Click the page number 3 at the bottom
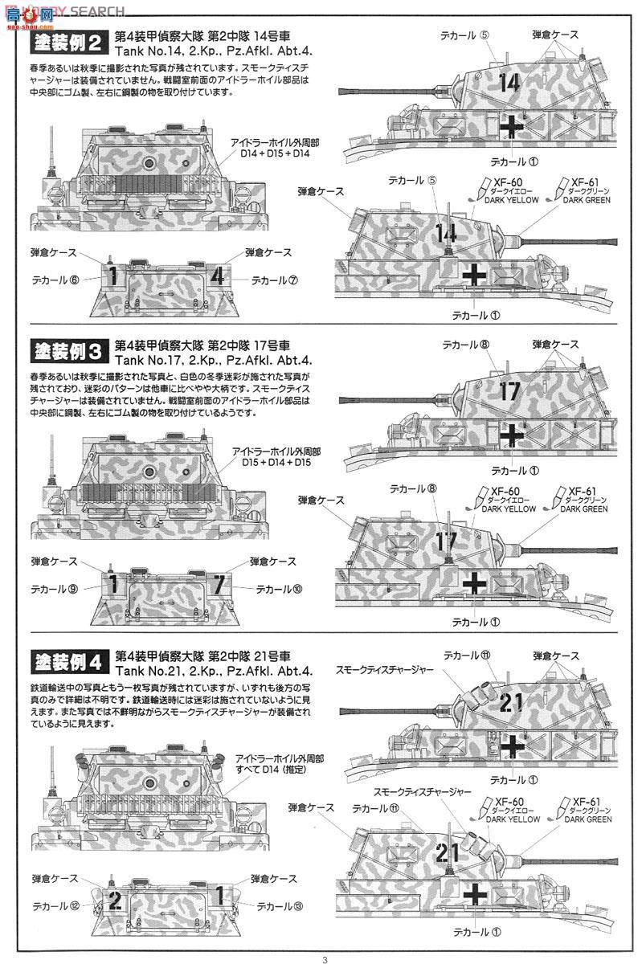click(325, 958)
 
